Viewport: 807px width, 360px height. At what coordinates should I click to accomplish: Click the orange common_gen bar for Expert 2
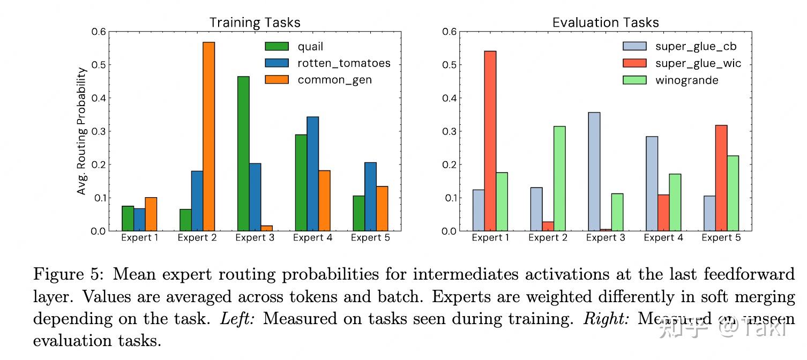pyautogui.click(x=208, y=136)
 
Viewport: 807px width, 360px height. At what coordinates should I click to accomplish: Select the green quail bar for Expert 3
pyautogui.click(x=243, y=153)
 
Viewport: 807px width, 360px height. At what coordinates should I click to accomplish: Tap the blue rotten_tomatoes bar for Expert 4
pyautogui.click(x=312, y=174)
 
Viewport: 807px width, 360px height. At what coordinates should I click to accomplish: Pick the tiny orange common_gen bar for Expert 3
pyautogui.click(x=266, y=228)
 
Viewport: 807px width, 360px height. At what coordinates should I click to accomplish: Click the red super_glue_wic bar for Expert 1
pyautogui.click(x=490, y=141)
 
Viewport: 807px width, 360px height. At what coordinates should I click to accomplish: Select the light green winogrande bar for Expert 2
pyautogui.click(x=559, y=178)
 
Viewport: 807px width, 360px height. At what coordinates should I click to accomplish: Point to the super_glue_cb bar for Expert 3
pyautogui.click(x=594, y=171)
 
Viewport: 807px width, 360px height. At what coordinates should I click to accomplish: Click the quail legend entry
pyautogui.click(x=310, y=47)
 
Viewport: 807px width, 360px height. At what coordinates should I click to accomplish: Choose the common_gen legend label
pyautogui.click(x=334, y=80)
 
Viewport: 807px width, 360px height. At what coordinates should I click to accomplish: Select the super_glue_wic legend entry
pyautogui.click(x=698, y=63)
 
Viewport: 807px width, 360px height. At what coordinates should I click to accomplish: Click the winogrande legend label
pyautogui.click(x=686, y=80)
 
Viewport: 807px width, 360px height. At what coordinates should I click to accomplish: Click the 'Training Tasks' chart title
pyautogui.click(x=255, y=22)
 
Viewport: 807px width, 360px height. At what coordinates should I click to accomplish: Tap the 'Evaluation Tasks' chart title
pyautogui.click(x=605, y=22)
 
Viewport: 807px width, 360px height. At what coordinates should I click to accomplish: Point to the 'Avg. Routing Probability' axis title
pyautogui.click(x=81, y=131)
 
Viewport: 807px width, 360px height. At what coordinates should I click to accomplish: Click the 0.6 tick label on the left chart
pyautogui.click(x=98, y=32)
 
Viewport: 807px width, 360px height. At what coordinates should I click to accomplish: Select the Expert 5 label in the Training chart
pyautogui.click(x=370, y=238)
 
